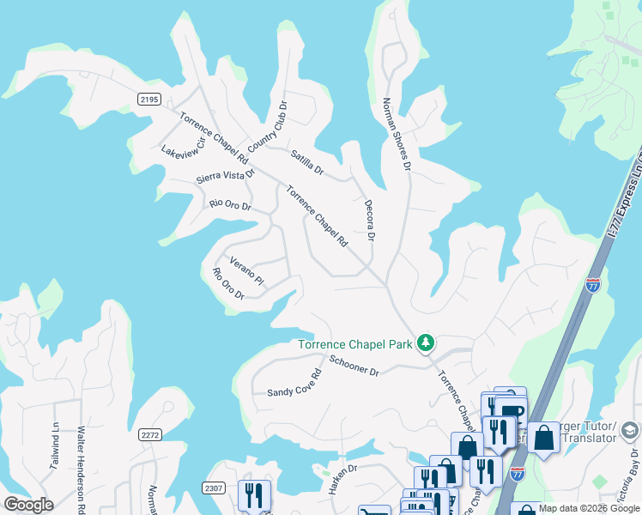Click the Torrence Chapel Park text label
(x=355, y=345)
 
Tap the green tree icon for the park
(x=425, y=343)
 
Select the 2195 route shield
(x=148, y=100)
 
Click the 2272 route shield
(x=149, y=435)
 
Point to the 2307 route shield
(x=214, y=488)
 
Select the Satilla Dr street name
(x=306, y=163)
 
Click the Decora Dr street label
(x=369, y=220)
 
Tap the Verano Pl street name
(x=245, y=270)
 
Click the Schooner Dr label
(x=354, y=365)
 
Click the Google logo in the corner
(x=28, y=504)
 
